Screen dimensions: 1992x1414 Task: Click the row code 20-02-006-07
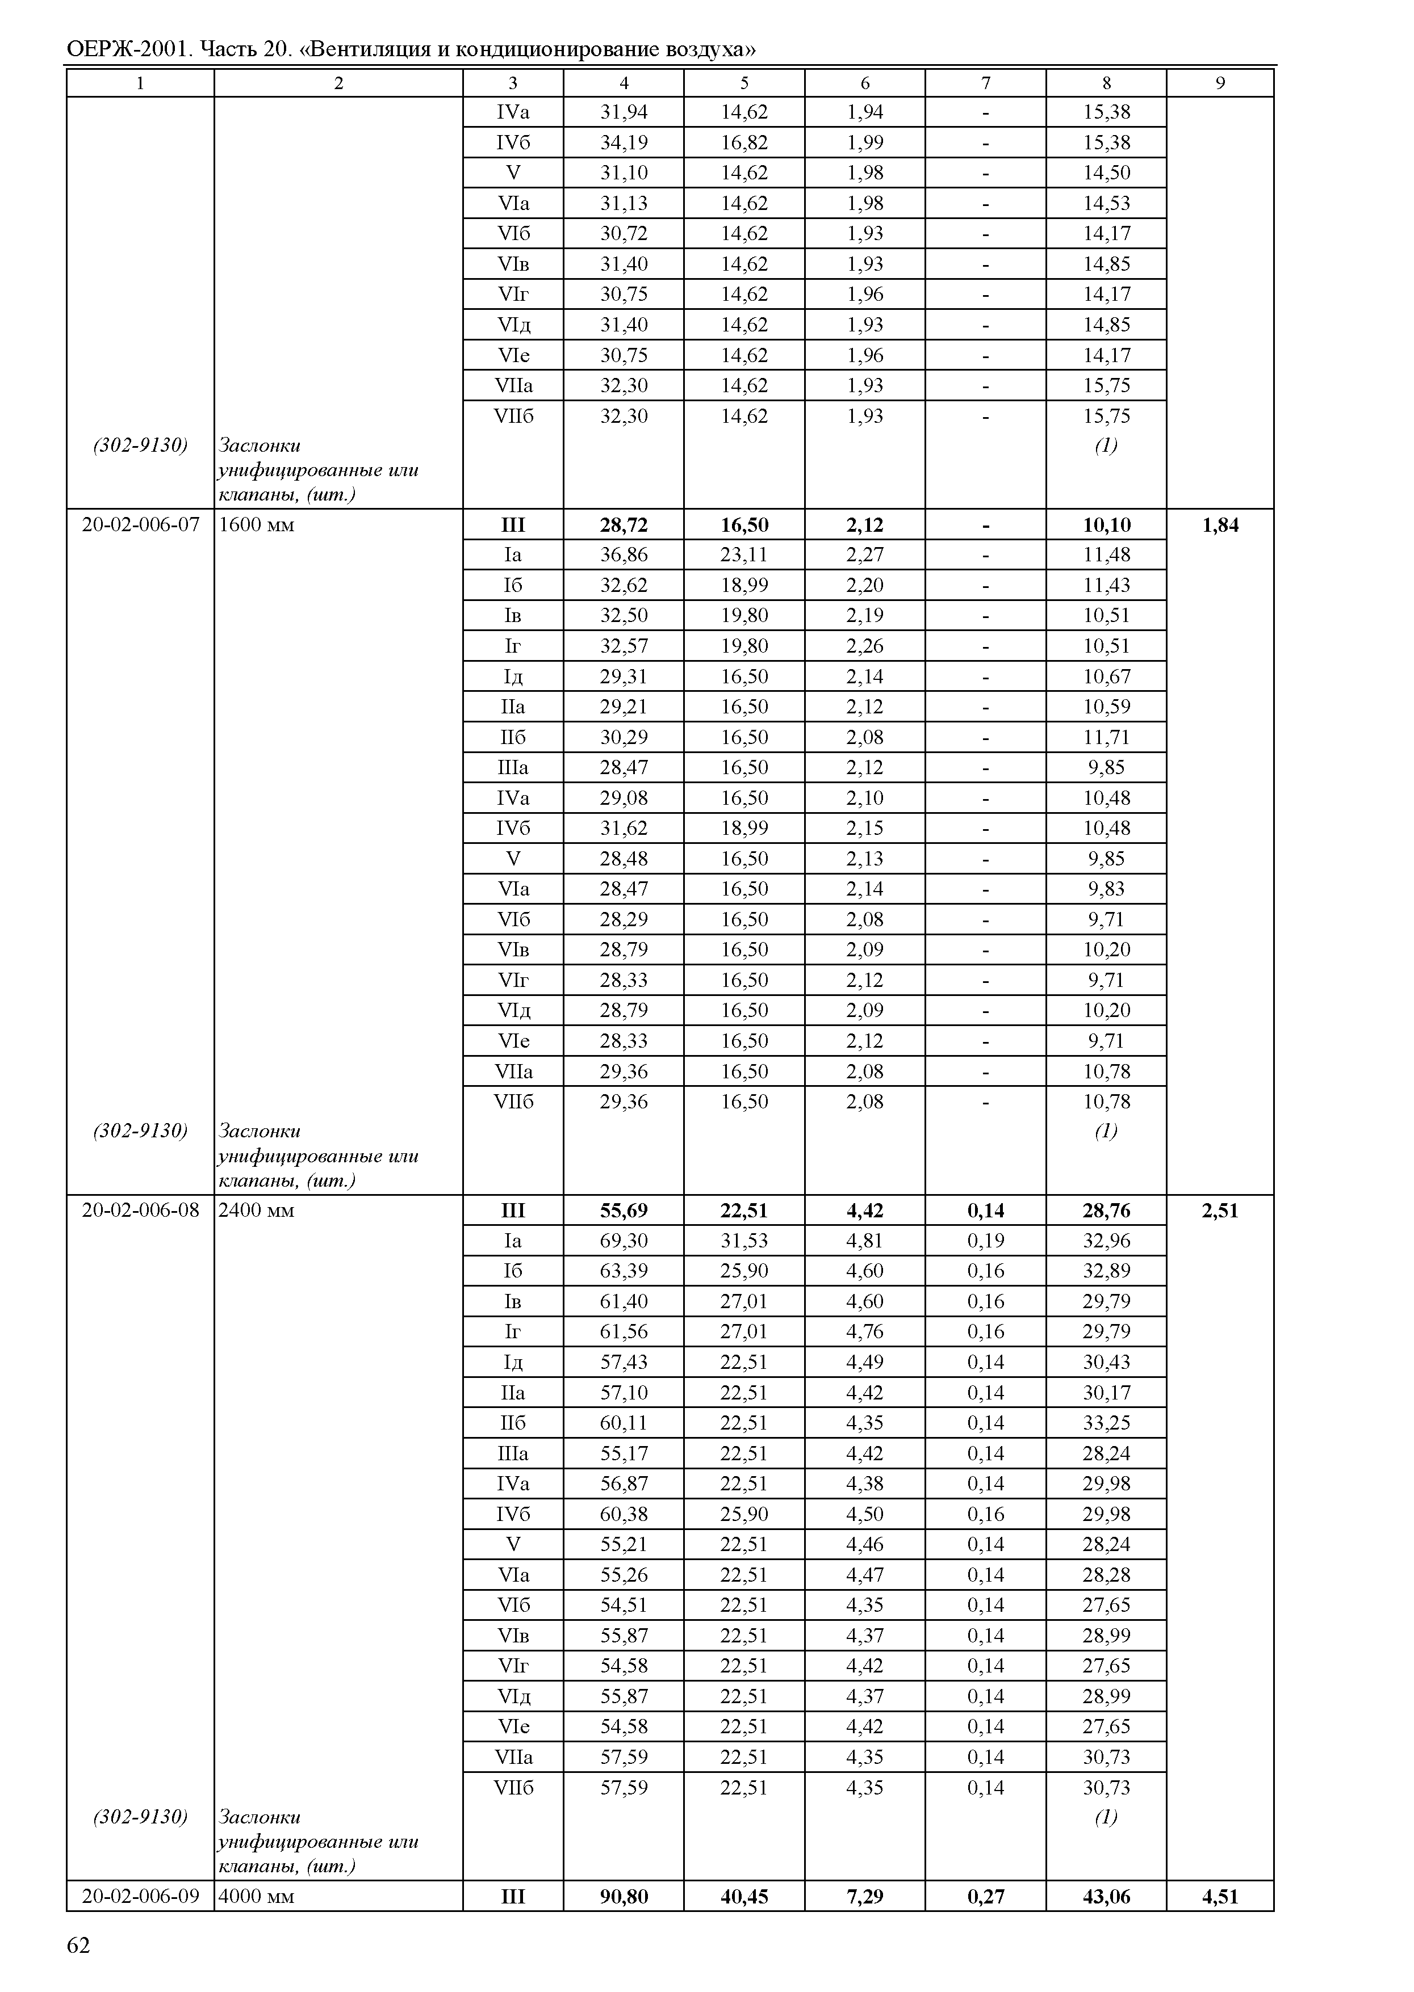pos(140,525)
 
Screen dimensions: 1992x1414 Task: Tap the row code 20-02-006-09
pos(140,1896)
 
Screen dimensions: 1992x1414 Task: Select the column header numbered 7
pos(986,83)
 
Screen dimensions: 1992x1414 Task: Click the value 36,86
pos(624,554)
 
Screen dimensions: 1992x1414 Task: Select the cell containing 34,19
pos(624,142)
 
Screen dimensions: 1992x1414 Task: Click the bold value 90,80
pos(624,1896)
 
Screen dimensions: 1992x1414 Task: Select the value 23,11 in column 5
pos(744,554)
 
